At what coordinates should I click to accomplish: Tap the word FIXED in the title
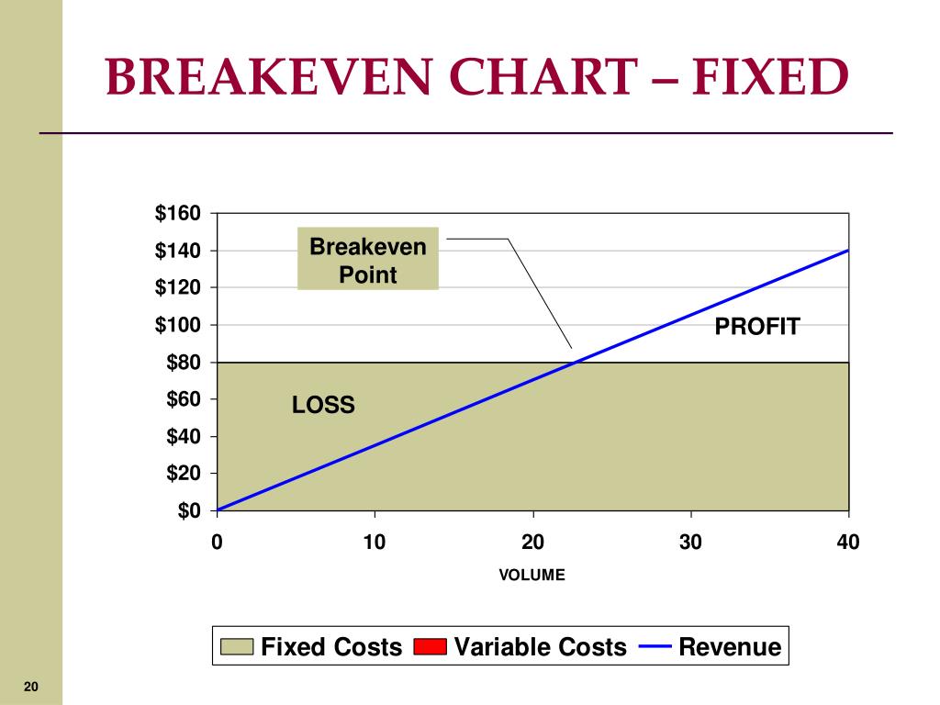(x=770, y=77)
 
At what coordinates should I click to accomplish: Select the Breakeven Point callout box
(x=368, y=259)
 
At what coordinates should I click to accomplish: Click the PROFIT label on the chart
(x=757, y=327)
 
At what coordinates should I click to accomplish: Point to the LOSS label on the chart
(x=323, y=405)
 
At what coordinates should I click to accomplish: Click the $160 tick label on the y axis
(x=177, y=213)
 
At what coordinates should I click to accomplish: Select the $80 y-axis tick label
(x=184, y=362)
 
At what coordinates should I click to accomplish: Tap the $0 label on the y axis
(x=189, y=510)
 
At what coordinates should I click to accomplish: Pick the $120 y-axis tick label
(x=177, y=287)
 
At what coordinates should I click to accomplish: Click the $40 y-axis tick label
(x=184, y=436)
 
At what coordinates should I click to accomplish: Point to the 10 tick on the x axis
(x=375, y=542)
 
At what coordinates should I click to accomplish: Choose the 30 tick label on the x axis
(x=690, y=542)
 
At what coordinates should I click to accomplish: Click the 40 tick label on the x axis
(x=848, y=542)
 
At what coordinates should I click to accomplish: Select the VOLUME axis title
(x=532, y=575)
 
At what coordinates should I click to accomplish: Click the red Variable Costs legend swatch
(x=430, y=647)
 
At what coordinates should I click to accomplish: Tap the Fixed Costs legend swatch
(x=237, y=647)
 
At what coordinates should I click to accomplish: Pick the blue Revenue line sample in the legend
(x=655, y=646)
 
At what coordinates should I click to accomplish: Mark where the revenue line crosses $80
(x=576, y=362)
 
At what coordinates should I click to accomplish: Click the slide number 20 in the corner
(x=31, y=687)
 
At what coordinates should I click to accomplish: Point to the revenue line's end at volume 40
(x=848, y=250)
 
